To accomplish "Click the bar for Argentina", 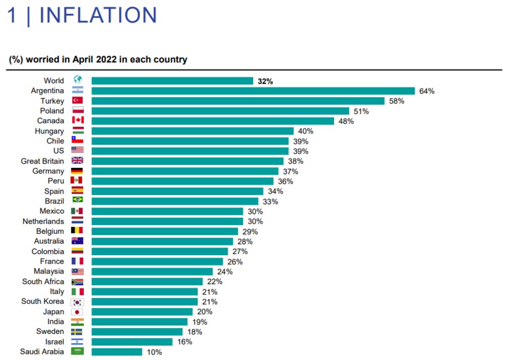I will click(x=253, y=91).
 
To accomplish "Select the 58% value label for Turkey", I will click(x=397, y=101).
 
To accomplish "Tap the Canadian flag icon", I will click(x=77, y=121).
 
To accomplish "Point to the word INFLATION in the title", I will click(x=98, y=15).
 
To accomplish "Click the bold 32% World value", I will click(x=265, y=81).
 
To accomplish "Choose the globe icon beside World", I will click(x=78, y=80).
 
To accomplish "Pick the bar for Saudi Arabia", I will click(x=117, y=352).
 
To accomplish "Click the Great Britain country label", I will click(x=42, y=161).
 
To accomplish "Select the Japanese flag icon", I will click(x=77, y=312).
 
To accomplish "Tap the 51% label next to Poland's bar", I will click(x=361, y=111).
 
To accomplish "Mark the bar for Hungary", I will click(x=193, y=131).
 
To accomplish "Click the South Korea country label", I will click(x=42, y=301).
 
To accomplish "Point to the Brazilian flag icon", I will click(x=77, y=201).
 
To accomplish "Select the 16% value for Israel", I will click(x=184, y=342).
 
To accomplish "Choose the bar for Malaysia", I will click(x=152, y=272).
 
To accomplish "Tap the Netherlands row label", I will click(x=43, y=221).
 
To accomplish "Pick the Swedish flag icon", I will click(x=77, y=332).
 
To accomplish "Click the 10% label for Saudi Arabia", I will click(x=154, y=352).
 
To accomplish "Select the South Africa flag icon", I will click(x=77, y=282).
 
